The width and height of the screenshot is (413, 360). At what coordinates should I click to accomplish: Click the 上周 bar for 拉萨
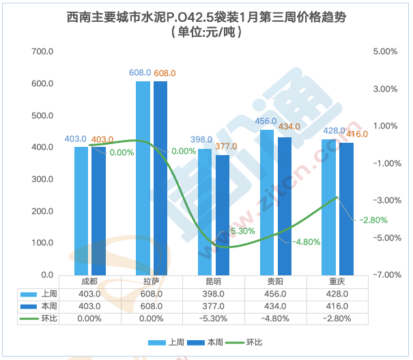tap(143, 178)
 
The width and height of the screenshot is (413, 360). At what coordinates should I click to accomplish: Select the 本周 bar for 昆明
tap(223, 214)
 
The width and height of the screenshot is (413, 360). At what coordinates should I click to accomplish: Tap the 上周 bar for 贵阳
tap(267, 202)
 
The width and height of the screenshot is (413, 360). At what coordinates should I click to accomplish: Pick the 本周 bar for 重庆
tap(347, 208)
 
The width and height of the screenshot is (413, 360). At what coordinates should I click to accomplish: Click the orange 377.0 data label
tap(225, 146)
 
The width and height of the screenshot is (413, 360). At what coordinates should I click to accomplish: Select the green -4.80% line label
tap(306, 242)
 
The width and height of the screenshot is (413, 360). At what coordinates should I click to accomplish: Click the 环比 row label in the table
tap(48, 318)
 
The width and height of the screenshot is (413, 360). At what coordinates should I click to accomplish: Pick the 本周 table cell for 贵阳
tap(274, 306)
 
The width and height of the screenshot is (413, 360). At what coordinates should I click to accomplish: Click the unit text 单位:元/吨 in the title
tap(205, 31)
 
